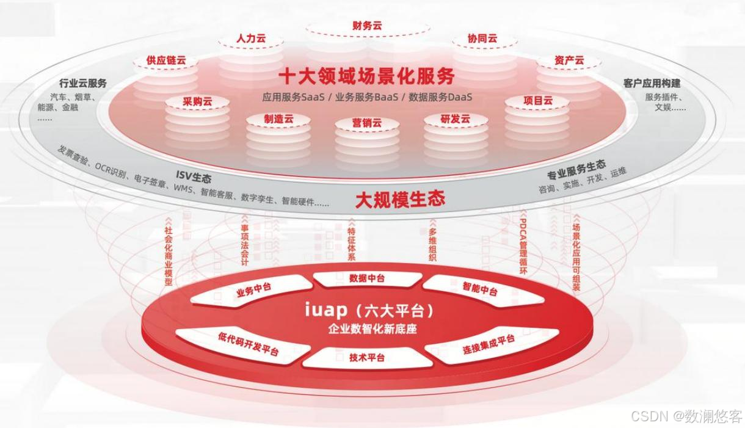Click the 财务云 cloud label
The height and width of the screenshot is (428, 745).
click(x=368, y=26)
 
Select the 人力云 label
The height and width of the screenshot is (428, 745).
click(x=251, y=38)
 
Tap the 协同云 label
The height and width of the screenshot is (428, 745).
click(x=482, y=38)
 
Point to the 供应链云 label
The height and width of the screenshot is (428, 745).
click(x=166, y=60)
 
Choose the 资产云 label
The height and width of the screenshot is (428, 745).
click(x=569, y=60)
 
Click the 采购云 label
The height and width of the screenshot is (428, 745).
click(x=197, y=101)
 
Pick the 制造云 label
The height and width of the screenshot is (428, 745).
click(x=278, y=119)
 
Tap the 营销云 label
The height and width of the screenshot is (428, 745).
click(x=366, y=123)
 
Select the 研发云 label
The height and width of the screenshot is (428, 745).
click(x=456, y=119)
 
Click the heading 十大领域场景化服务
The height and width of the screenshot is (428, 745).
click(x=367, y=76)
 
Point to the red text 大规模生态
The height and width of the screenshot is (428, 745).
click(x=400, y=198)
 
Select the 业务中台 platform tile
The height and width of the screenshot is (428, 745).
click(x=253, y=290)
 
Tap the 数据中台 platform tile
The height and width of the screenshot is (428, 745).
click(x=366, y=278)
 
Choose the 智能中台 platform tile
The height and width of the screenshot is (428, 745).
click(x=480, y=289)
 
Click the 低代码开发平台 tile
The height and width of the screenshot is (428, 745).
click(x=248, y=343)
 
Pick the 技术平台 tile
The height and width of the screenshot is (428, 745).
click(x=367, y=358)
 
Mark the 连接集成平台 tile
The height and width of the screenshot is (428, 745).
click(x=489, y=345)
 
